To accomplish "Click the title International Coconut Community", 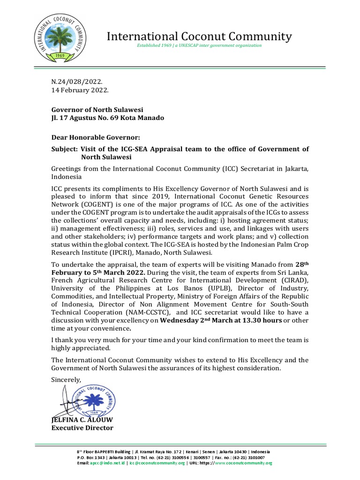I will pos(200,36).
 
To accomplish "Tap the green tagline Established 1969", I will pos(199,45).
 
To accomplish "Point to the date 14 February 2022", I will pos(80,90).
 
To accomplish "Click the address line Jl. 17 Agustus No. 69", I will pos(108,118).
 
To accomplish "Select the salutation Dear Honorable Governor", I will pos(96,137).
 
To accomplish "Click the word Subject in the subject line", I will pos(65,149).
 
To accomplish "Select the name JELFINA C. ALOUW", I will pos(82,420).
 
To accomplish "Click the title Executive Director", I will pos(82,427).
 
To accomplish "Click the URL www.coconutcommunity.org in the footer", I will pos(243,463).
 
